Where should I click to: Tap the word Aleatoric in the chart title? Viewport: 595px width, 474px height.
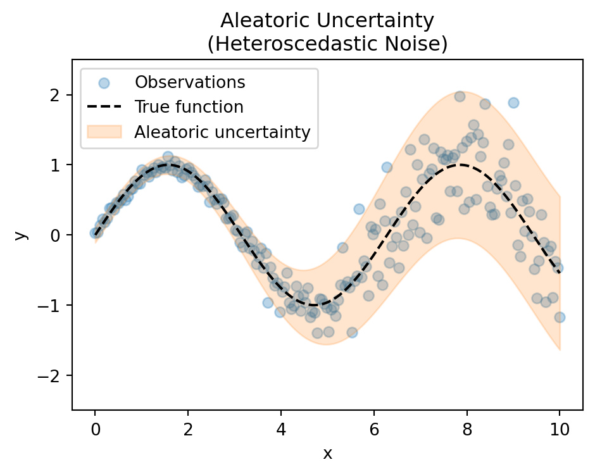tap(264, 21)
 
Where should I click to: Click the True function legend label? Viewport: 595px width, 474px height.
tap(189, 107)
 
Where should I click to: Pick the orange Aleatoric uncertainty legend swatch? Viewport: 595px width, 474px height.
tap(103, 132)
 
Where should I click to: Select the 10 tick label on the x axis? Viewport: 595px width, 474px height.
tap(560, 430)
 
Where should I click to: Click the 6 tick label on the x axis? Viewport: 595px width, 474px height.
tap(373, 430)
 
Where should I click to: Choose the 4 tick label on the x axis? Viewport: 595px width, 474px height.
tap(280, 430)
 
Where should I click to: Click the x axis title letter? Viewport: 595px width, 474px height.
tap(327, 453)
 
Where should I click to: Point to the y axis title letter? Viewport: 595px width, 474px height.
tap(22, 235)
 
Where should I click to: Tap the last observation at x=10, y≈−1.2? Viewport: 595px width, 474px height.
tap(560, 317)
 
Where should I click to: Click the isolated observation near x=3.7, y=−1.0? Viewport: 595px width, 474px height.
tap(268, 302)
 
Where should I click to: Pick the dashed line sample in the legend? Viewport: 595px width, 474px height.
tap(103, 107)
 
